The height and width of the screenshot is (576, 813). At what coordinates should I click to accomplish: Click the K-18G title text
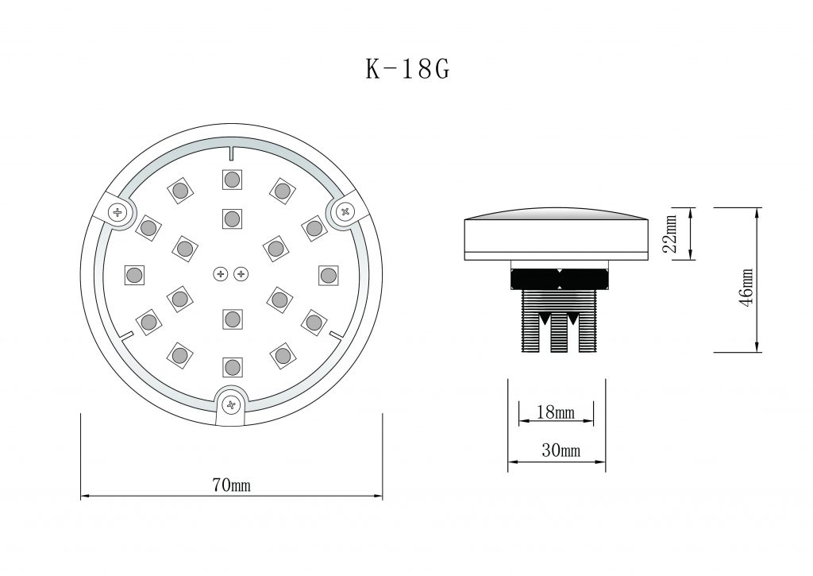(407, 68)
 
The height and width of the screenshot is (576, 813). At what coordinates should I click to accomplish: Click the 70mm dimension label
(231, 485)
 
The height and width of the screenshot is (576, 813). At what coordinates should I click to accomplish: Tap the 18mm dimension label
(556, 412)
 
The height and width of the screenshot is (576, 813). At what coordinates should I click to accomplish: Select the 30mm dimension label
(561, 450)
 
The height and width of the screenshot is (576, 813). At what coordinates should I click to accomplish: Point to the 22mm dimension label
(670, 233)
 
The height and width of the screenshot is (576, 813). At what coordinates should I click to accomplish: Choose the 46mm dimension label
(746, 288)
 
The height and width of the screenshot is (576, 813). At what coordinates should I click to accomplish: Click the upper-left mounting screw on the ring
(118, 211)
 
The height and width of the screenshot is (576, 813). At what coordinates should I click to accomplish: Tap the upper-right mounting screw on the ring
(345, 211)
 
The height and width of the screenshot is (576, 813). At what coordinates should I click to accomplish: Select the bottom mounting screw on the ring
(232, 404)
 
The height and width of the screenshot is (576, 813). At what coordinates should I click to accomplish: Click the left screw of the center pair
(222, 274)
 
